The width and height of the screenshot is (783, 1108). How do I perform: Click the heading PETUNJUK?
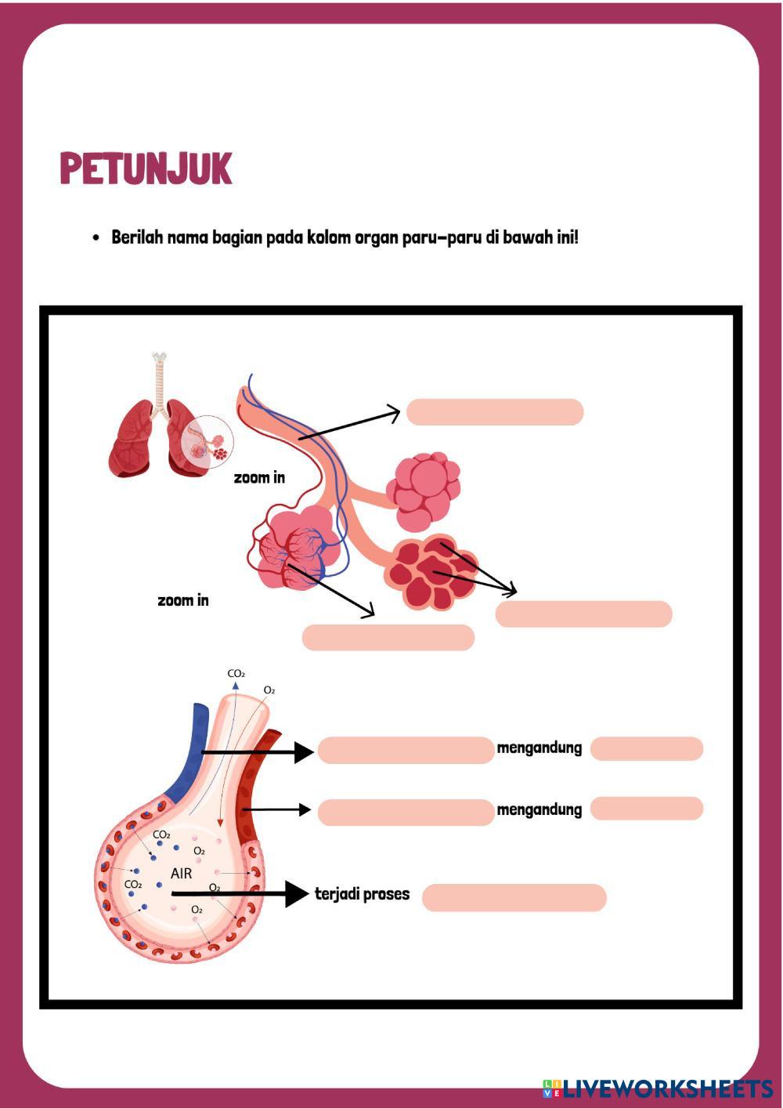click(146, 168)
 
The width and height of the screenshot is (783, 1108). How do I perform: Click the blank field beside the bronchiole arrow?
click(495, 412)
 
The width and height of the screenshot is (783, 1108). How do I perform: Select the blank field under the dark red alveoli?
click(583, 614)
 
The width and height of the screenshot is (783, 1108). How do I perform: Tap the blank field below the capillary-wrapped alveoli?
click(388, 638)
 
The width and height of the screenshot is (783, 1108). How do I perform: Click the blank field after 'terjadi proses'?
click(514, 898)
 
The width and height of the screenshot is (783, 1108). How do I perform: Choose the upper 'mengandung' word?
click(539, 748)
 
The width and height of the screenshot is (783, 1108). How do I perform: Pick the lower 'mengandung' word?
click(539, 809)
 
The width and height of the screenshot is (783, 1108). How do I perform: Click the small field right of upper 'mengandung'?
click(647, 749)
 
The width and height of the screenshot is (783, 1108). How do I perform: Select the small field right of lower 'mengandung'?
click(647, 809)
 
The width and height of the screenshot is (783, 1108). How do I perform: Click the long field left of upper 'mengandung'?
click(406, 751)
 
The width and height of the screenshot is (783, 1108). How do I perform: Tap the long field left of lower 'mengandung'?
click(406, 813)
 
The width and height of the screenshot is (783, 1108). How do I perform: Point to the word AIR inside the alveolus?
click(182, 873)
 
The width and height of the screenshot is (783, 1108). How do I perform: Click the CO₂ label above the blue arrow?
click(236, 674)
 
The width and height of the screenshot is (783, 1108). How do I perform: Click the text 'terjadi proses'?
click(362, 894)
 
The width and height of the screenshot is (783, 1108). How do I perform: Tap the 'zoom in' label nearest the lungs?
click(259, 477)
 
